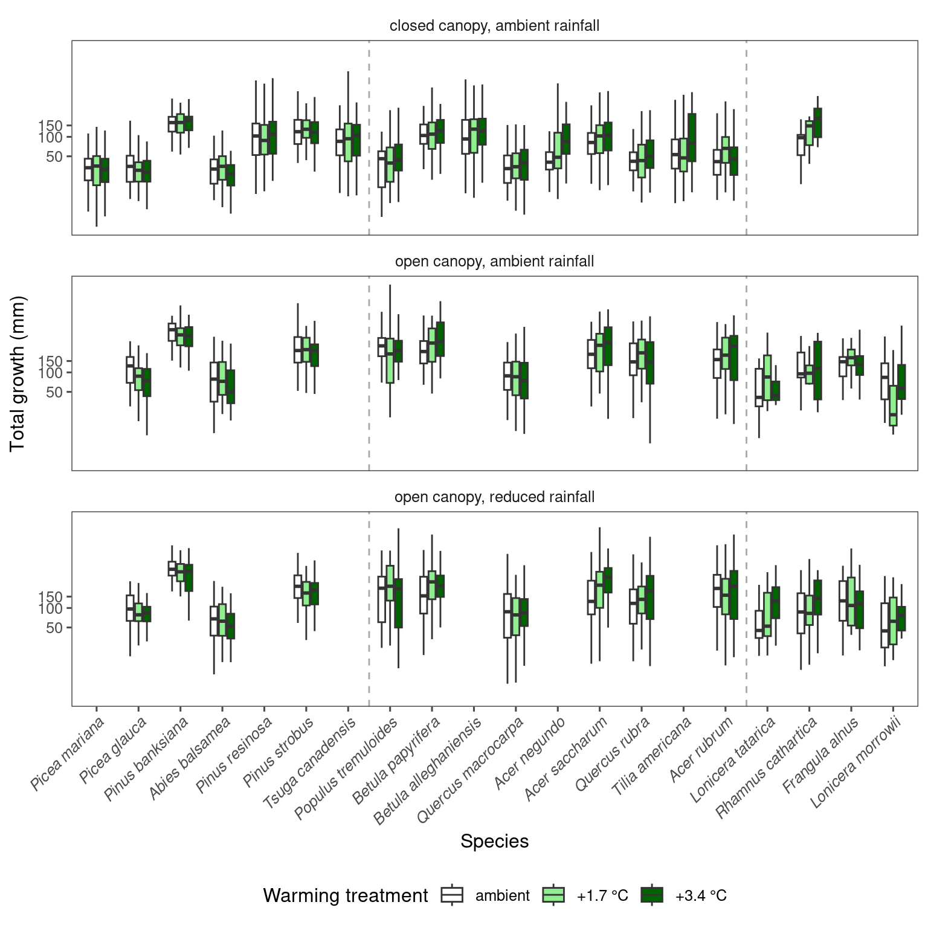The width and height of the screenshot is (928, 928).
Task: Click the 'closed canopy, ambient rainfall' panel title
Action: (494, 26)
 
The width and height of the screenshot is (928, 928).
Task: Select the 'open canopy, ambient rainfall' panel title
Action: (494, 262)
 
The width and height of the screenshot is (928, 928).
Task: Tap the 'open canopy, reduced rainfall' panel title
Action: (494, 497)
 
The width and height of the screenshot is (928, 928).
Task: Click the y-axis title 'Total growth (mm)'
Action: (18, 373)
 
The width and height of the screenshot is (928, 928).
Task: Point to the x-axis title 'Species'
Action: (494, 841)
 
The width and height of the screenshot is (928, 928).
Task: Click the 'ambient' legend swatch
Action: (453, 895)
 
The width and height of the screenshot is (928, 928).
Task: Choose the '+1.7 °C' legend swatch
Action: (553, 895)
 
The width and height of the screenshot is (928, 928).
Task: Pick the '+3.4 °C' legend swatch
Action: (652, 895)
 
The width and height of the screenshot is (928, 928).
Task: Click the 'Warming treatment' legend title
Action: (346, 895)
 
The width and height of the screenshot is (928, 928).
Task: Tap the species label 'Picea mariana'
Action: (68, 753)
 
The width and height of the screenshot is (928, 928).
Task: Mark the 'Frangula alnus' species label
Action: (820, 755)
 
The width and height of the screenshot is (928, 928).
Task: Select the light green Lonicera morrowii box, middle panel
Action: (893, 405)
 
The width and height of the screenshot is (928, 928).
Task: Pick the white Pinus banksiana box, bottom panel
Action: (172, 568)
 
